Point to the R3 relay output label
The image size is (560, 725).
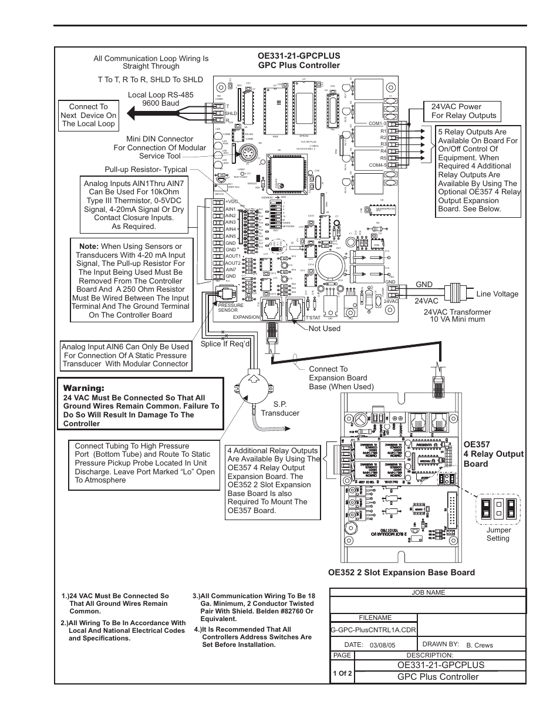(383, 144)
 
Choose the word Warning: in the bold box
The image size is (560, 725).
(84, 389)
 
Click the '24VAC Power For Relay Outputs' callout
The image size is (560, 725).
(464, 111)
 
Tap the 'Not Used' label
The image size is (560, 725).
(324, 329)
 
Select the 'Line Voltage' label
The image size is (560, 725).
(497, 294)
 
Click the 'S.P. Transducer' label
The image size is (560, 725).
(280, 409)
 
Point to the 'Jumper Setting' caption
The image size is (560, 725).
(498, 534)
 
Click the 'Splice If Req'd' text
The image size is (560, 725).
(225, 343)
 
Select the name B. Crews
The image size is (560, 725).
(480, 645)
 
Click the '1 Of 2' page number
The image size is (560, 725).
(342, 673)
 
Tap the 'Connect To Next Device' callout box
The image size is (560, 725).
(88, 115)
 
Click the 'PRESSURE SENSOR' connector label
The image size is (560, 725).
(228, 308)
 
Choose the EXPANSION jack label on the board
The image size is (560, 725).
(246, 317)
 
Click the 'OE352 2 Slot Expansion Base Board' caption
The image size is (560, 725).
(402, 572)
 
